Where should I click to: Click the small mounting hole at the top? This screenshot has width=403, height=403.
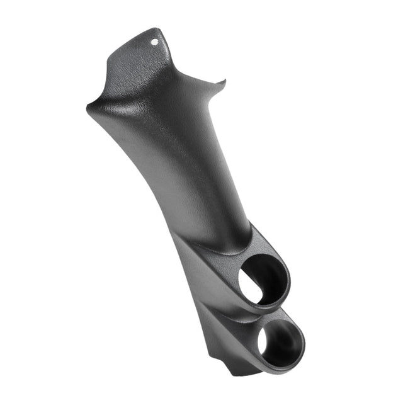pos(156,42)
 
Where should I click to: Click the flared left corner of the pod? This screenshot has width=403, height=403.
pos(90,108)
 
